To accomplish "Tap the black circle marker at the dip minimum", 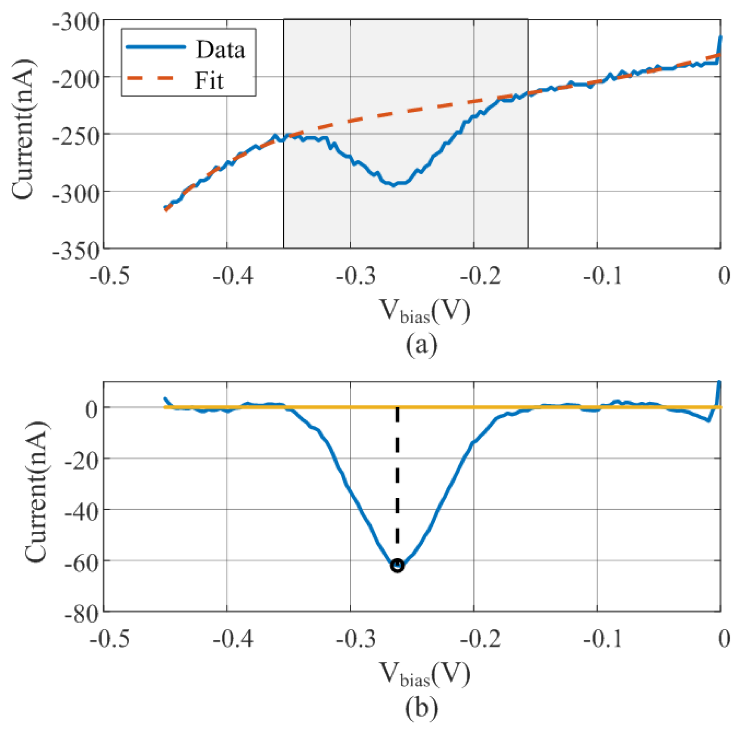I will click(397, 565).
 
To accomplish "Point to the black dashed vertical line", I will click(397, 479).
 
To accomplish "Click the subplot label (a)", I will click(422, 345).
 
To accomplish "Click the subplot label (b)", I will click(422, 708).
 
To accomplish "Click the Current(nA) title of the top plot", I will click(23, 128).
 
